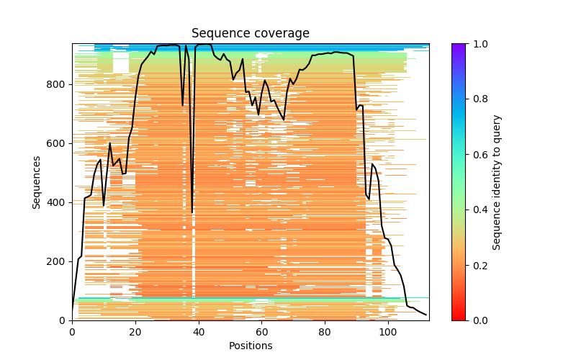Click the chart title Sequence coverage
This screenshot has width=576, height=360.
coord(250,34)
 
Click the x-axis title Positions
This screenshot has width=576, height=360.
coord(250,346)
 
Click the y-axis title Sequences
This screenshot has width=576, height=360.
coord(37,181)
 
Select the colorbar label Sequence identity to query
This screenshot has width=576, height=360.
coord(497,181)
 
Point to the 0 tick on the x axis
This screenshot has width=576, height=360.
coord(72,331)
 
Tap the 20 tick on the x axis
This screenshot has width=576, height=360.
coord(135,331)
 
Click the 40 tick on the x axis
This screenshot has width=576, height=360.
coord(199,331)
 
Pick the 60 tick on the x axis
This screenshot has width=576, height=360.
coord(261,331)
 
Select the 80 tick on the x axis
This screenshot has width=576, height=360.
coord(325,331)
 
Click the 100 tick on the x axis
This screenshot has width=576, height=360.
coord(388,331)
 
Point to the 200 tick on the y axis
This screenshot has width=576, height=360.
coord(58,261)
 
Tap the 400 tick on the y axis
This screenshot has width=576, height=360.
coord(58,202)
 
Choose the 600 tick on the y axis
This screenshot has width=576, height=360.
coord(58,143)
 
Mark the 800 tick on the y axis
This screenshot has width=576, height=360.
coord(58,84)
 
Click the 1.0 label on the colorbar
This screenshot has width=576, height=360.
coord(478,44)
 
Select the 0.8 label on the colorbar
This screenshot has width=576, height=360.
coord(478,99)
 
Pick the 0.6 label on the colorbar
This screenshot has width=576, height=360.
coord(478,155)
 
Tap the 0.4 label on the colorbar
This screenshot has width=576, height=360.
coord(478,210)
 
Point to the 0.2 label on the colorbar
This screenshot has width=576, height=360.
coord(478,265)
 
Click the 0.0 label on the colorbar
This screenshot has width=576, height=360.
coord(478,320)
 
